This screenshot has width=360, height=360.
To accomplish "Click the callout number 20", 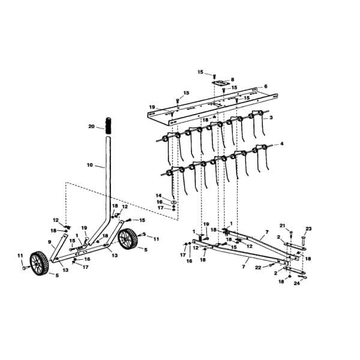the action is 91,126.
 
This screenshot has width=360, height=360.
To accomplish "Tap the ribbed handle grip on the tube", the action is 108,126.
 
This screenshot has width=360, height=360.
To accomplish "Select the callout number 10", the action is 90,165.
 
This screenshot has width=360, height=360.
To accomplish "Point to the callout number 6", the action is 266,86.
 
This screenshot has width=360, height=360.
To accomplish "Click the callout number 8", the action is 232,79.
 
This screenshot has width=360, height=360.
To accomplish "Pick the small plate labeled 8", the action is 221,83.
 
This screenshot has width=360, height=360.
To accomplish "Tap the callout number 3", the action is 271,118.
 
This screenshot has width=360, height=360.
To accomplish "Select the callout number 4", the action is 282,144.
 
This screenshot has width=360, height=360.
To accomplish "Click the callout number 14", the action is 158,196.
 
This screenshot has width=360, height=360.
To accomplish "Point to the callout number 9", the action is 49,242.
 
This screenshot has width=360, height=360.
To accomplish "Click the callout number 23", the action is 308,229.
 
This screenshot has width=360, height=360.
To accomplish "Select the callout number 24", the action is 297,283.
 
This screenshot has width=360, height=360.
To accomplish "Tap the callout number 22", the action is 258,268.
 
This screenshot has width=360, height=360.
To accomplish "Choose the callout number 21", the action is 283,226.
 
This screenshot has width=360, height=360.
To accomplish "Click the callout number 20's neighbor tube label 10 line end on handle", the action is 105,168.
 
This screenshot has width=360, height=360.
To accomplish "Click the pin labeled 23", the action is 304,241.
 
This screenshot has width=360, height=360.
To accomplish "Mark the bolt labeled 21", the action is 291,234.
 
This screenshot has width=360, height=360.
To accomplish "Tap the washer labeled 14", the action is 174,202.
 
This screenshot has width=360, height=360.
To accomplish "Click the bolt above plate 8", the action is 214,76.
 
